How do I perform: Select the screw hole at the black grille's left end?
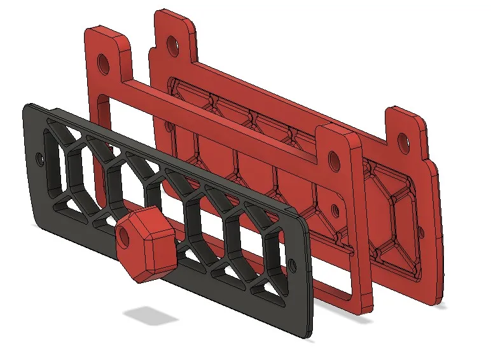tap(41, 156)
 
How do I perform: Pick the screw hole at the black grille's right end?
tap(293, 263)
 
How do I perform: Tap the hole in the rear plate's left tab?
tap(170, 43)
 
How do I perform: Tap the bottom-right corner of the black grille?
tap(310, 334)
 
